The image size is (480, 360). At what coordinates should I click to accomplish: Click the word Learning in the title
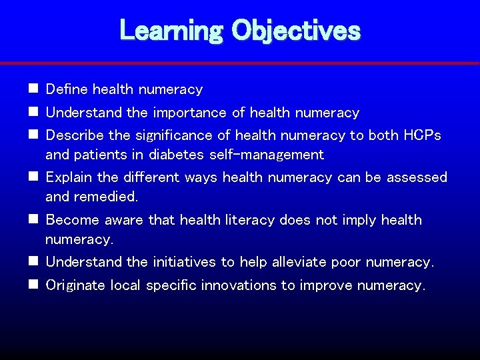click(171, 30)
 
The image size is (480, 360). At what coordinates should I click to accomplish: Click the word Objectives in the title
click(296, 30)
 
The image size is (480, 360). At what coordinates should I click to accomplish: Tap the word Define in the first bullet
click(67, 89)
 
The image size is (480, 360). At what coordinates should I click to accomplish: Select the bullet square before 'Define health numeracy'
click(33, 89)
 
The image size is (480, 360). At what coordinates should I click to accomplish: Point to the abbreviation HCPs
click(422, 135)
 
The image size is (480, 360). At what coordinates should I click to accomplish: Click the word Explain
click(69, 177)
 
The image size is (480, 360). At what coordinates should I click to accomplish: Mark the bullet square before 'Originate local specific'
click(33, 285)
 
